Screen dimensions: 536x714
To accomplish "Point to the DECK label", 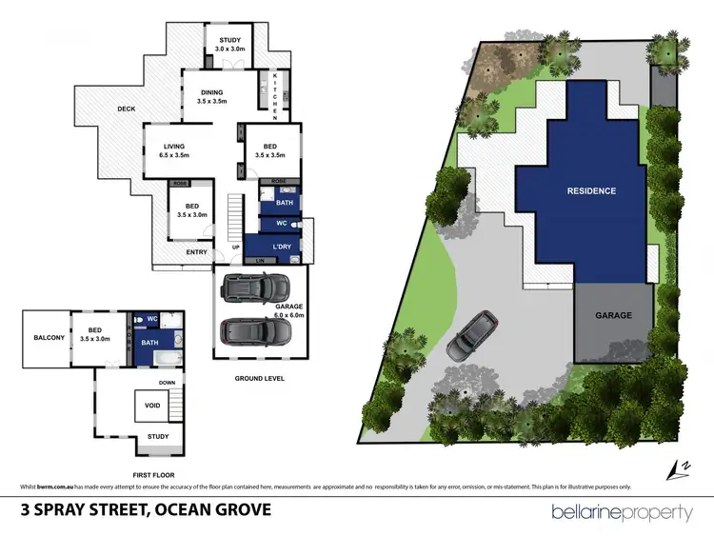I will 127,109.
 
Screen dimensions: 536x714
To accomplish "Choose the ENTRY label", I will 197,252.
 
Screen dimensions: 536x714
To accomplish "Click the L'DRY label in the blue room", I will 283,248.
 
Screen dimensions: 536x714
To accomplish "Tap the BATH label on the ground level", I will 285,203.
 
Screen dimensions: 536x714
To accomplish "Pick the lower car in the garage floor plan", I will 258,330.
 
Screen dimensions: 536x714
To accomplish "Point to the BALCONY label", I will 49,338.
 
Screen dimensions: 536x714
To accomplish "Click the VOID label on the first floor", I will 152,407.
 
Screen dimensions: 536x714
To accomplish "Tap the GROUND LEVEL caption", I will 259,378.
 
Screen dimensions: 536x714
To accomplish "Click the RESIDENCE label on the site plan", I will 591,190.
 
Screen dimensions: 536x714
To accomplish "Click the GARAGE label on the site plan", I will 614,314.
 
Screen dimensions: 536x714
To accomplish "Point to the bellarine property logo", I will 622,513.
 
